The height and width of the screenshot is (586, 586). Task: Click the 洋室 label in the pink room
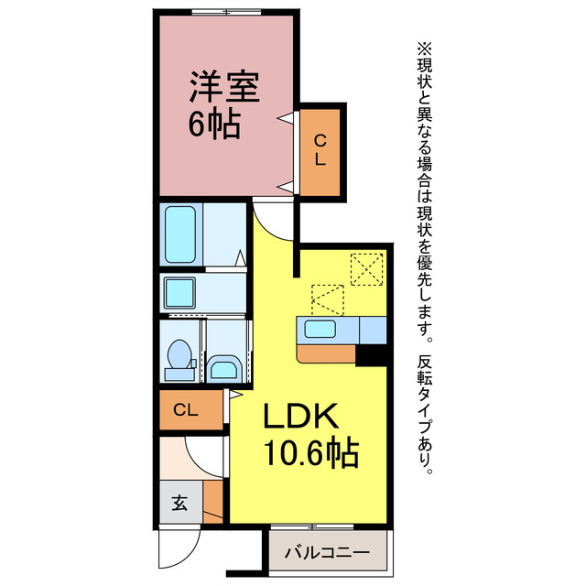pyautogui.click(x=225, y=88)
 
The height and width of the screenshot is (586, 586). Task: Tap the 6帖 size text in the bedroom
pyautogui.click(x=215, y=125)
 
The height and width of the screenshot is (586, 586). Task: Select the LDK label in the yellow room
pyautogui.click(x=303, y=418)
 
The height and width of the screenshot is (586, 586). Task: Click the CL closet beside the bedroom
pyautogui.click(x=320, y=150)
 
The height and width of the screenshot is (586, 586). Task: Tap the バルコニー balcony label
pyautogui.click(x=327, y=553)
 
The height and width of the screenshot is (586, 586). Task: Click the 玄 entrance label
pyautogui.click(x=179, y=503)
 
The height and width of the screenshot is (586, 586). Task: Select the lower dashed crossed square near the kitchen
pyautogui.click(x=328, y=299)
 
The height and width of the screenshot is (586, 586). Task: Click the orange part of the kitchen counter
pyautogui.click(x=326, y=353)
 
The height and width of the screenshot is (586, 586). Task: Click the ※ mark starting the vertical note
pyautogui.click(x=424, y=46)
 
